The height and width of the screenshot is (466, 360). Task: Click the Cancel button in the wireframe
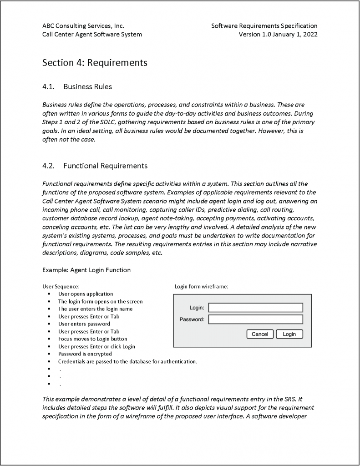(x=260, y=334)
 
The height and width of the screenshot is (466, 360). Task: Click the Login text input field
(x=255, y=308)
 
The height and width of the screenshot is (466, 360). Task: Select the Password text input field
(x=255, y=319)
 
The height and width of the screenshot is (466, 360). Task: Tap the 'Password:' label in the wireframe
(x=192, y=319)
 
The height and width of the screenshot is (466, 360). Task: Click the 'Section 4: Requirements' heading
(x=95, y=63)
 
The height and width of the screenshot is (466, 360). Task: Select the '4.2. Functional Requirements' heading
(x=95, y=166)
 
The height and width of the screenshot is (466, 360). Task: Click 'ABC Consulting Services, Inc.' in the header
(x=83, y=26)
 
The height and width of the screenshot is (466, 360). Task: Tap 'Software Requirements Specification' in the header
(x=264, y=26)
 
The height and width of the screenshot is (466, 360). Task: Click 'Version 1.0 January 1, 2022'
(x=278, y=34)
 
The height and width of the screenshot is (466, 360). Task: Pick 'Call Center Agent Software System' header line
(x=92, y=34)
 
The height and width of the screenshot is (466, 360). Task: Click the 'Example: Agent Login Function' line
(x=86, y=270)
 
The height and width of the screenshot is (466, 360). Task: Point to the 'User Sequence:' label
(x=61, y=287)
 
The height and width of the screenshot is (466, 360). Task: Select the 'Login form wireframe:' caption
(x=201, y=287)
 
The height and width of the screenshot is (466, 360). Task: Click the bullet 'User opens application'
(x=86, y=294)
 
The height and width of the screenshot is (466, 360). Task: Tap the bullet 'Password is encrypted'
(x=85, y=354)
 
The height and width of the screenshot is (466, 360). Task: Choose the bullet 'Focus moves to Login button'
(x=92, y=339)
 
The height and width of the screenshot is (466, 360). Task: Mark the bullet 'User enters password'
(x=84, y=324)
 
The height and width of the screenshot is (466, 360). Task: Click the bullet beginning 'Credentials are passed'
(x=127, y=361)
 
